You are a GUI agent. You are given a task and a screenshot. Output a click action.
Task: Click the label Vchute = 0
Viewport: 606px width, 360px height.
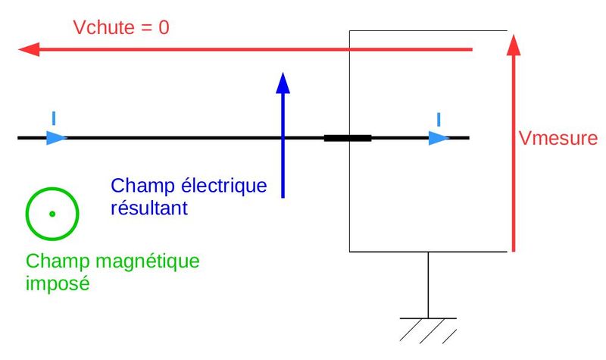[120, 28]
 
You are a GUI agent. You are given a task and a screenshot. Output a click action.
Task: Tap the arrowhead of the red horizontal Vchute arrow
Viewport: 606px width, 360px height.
[29, 50]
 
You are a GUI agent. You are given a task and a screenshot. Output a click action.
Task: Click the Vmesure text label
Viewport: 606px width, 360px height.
[558, 139]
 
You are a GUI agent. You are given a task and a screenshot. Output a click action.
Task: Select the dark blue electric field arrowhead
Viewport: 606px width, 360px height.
[283, 82]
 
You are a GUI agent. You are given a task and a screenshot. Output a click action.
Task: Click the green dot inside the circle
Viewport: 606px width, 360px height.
[52, 214]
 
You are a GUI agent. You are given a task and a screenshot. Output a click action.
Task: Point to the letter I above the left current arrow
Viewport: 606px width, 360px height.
[53, 117]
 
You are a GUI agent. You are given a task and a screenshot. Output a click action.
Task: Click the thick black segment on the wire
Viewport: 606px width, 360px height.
[348, 138]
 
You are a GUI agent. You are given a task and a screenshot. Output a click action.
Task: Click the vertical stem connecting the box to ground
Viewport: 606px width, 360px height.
[428, 284]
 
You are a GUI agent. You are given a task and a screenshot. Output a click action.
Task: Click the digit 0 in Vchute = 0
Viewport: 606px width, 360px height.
[164, 28]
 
